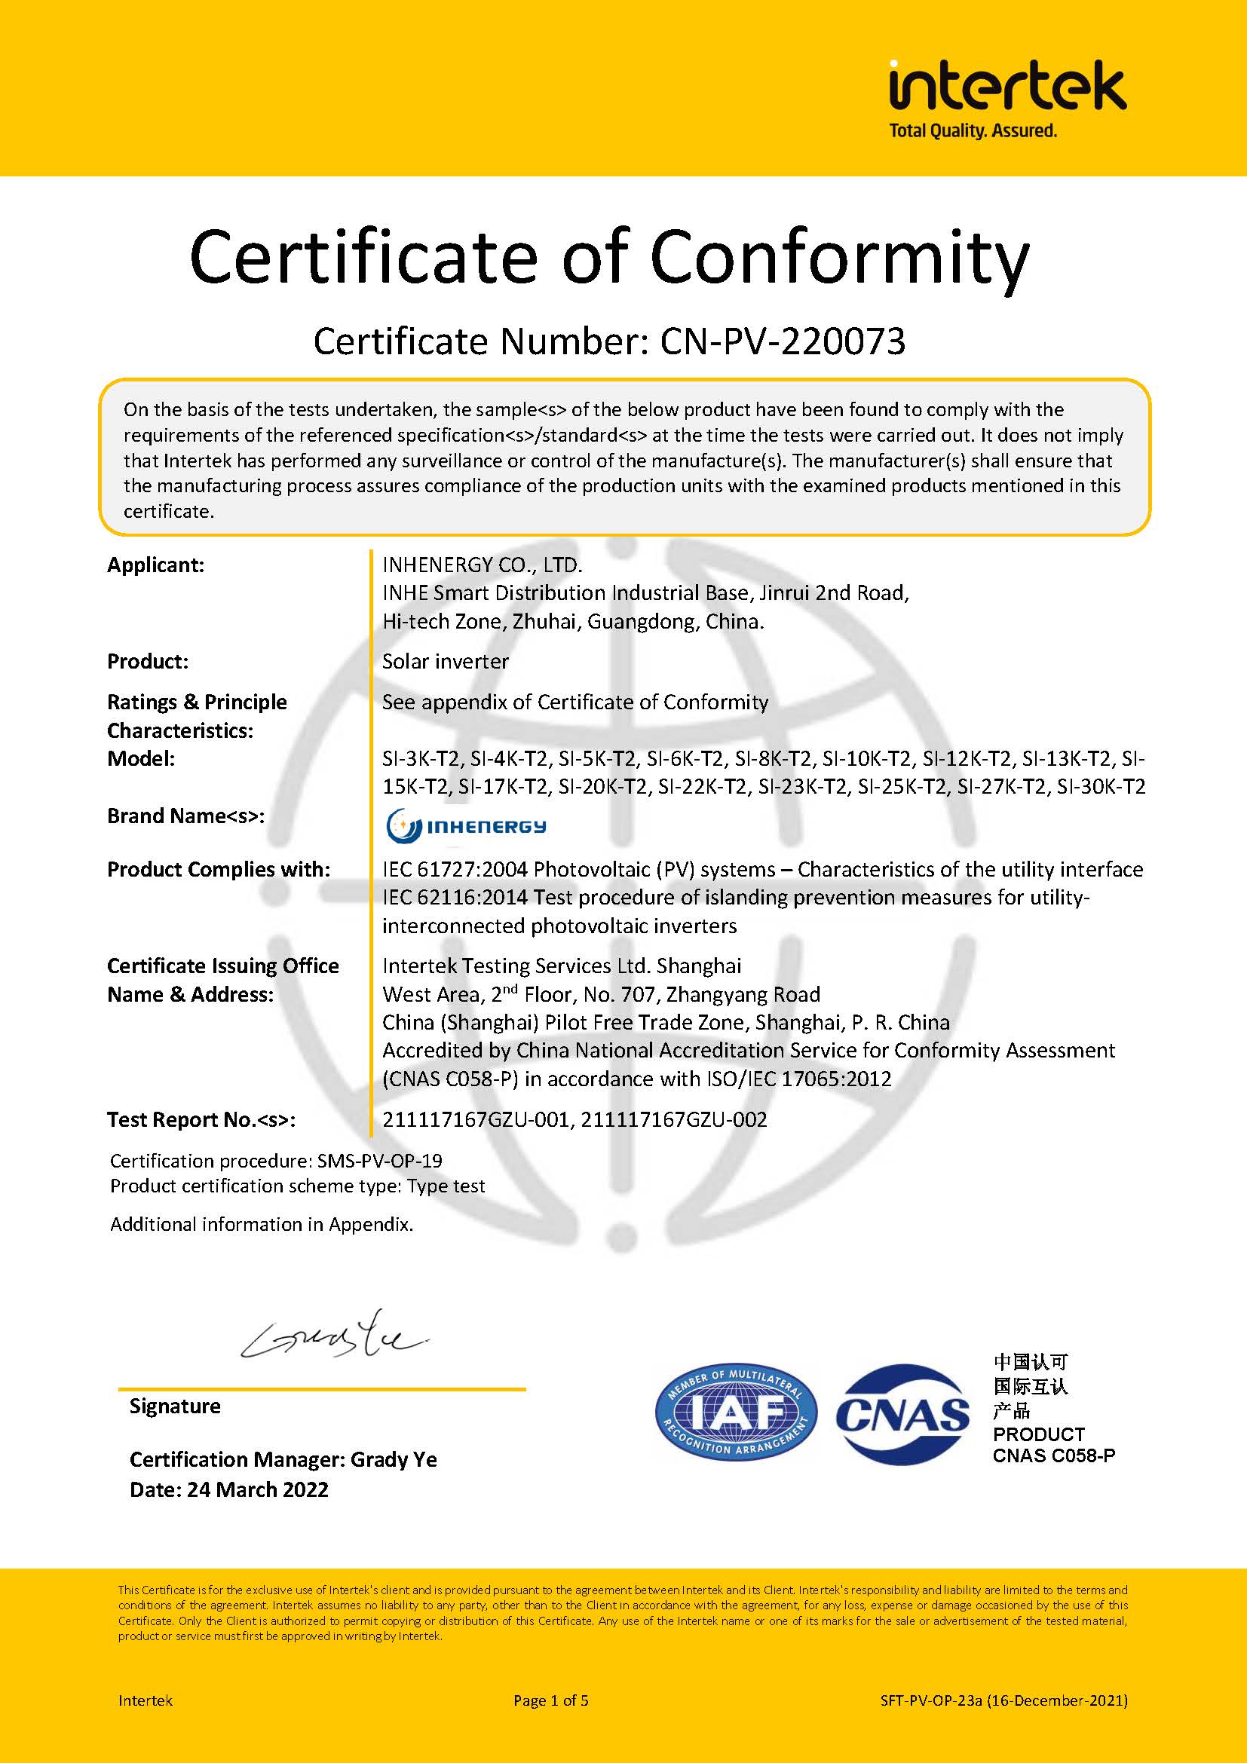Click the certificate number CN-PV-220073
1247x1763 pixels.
[x=783, y=341]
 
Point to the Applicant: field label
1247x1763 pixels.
[x=156, y=565]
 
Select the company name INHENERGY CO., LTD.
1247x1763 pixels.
[x=483, y=565]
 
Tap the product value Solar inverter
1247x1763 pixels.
[x=446, y=662]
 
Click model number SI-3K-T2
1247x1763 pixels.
[x=421, y=760]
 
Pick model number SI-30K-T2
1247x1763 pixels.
[x=1101, y=787]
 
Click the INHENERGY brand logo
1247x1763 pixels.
[x=466, y=826]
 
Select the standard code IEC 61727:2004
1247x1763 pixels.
[x=455, y=870]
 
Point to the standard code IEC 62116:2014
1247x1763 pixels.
[x=455, y=898]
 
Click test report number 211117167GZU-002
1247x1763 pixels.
[x=673, y=1120]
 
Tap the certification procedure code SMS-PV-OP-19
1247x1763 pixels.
[x=379, y=1161]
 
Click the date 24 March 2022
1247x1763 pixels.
[x=257, y=1490]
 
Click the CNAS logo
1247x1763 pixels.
[x=902, y=1414]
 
